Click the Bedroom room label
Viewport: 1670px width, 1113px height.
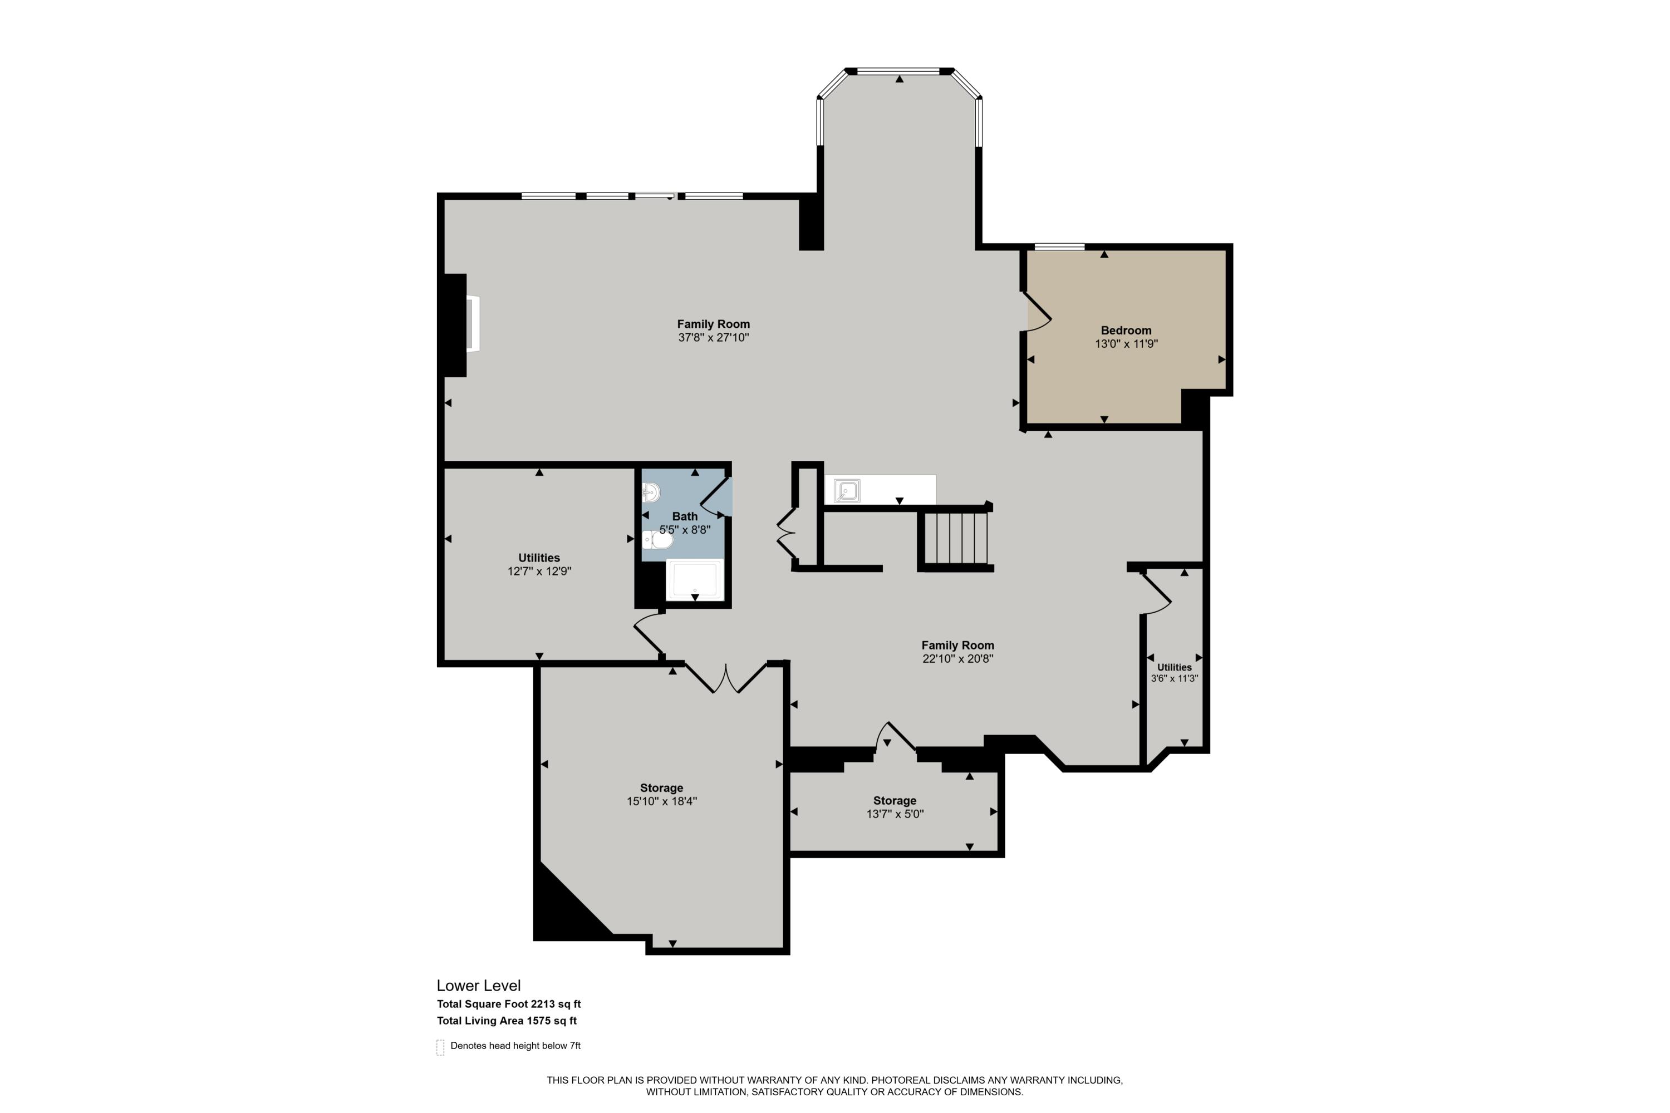click(1126, 330)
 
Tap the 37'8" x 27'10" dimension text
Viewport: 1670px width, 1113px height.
click(713, 338)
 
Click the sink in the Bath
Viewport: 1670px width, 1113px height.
click(650, 491)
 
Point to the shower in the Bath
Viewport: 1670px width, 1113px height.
click(694, 580)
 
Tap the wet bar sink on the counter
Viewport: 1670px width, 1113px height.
click(847, 490)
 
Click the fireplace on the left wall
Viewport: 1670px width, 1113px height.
click(471, 324)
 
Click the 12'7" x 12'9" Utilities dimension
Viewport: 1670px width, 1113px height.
click(539, 572)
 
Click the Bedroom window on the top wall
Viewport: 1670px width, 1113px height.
click(1059, 247)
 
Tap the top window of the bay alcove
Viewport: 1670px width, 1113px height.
click(899, 71)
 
